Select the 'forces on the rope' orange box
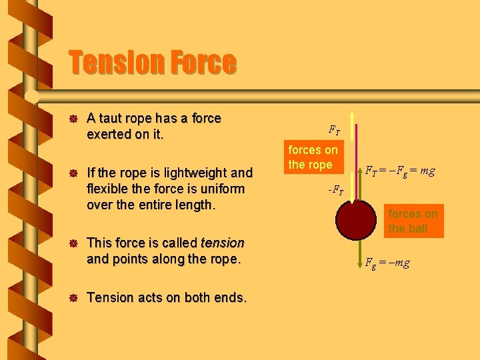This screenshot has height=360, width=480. pyautogui.click(x=313, y=157)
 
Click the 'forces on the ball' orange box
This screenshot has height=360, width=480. pyautogui.click(x=413, y=221)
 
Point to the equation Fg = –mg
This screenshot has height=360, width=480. pyautogui.click(x=387, y=263)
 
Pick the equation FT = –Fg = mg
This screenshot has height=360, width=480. pyautogui.click(x=400, y=171)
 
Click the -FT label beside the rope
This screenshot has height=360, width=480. pyautogui.click(x=335, y=191)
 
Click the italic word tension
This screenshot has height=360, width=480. pyautogui.click(x=223, y=243)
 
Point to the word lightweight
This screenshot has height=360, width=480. pyautogui.click(x=182, y=173)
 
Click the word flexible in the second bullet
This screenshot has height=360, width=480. pyautogui.click(x=109, y=189)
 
